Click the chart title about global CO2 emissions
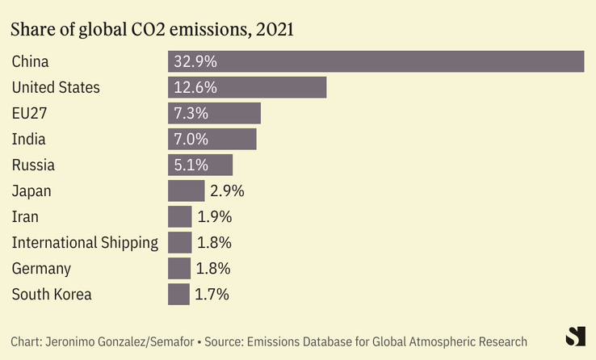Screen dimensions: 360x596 pyautogui.click(x=152, y=30)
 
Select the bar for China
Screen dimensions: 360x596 pyautogui.click(x=376, y=61)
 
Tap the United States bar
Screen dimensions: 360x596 pyautogui.click(x=247, y=87)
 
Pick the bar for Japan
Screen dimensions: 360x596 pyautogui.click(x=186, y=190)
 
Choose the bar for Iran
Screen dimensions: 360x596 pyautogui.click(x=179, y=216)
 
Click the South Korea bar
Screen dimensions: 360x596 pyautogui.click(x=178, y=294)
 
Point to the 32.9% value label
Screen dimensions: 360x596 pyautogui.click(x=195, y=61)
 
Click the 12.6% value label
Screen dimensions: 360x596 pyautogui.click(x=195, y=87)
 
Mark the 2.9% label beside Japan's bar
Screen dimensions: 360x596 pyautogui.click(x=226, y=190)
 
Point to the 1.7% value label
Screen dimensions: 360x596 pyautogui.click(x=212, y=294)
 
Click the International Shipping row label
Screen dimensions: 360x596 pyautogui.click(x=85, y=242)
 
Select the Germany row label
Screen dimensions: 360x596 pyautogui.click(x=41, y=268)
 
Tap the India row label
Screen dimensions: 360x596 pyautogui.click(x=28, y=139)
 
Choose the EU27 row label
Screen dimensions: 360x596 pyautogui.click(x=30, y=113)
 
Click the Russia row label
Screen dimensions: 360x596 pyautogui.click(x=33, y=165)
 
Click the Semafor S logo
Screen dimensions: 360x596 pyautogui.click(x=575, y=337)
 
